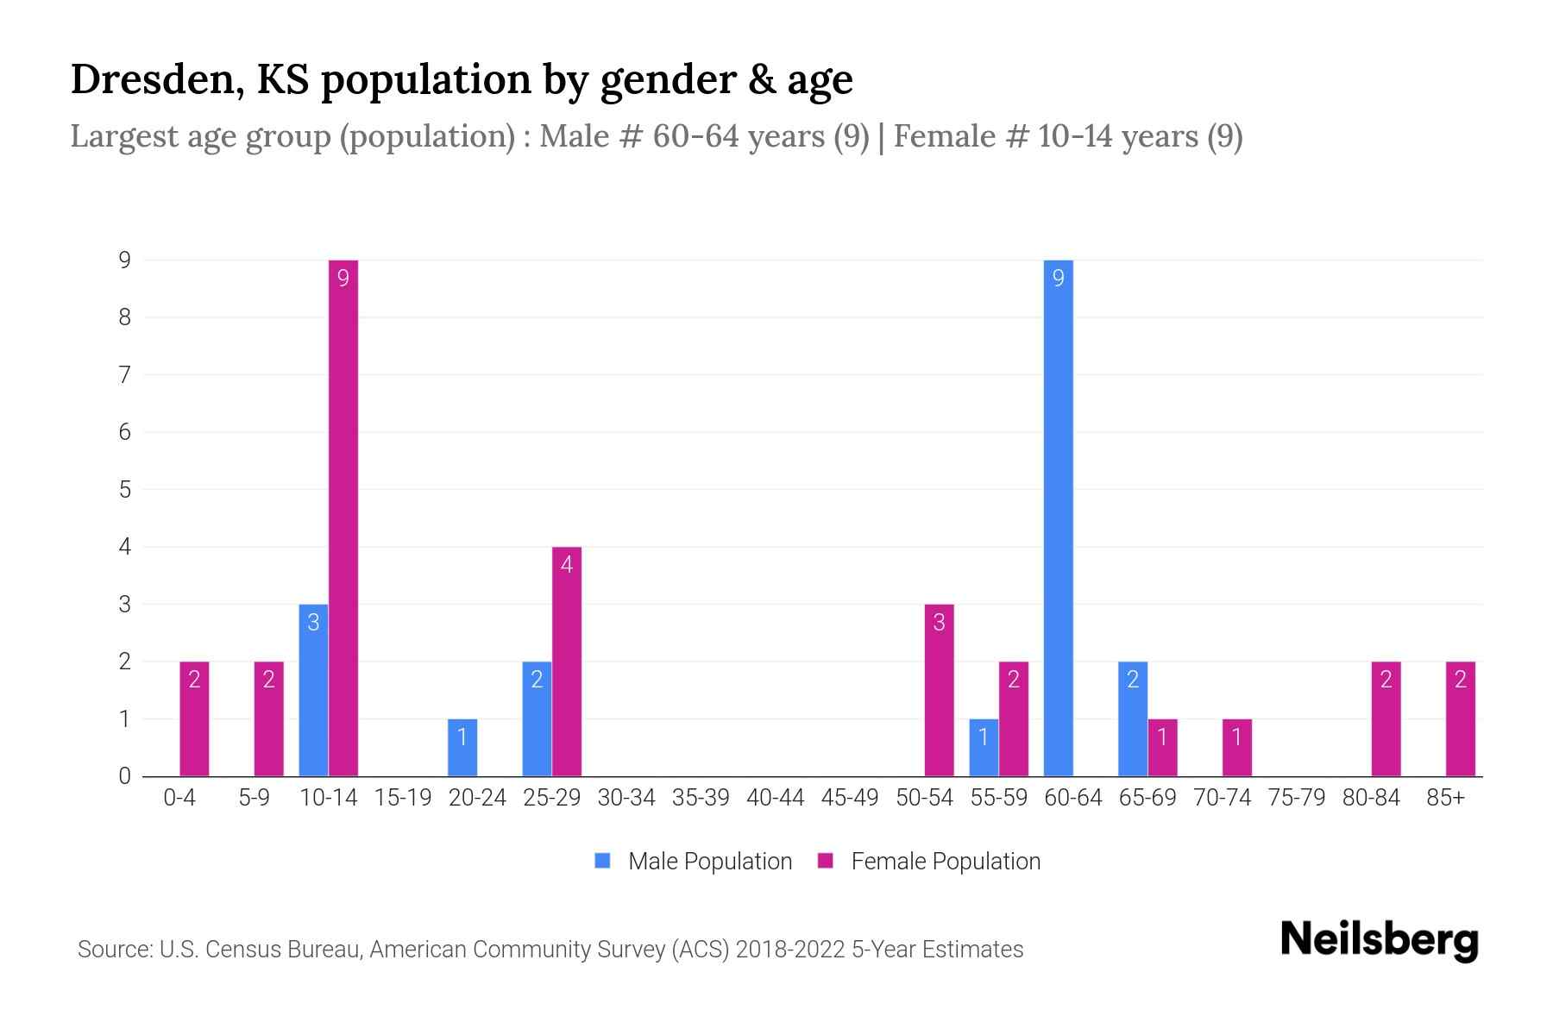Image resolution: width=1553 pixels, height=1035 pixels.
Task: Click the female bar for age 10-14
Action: [x=343, y=517]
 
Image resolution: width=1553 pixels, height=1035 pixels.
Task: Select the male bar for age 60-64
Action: [x=1058, y=517]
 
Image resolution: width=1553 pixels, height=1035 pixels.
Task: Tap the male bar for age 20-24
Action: [x=462, y=748]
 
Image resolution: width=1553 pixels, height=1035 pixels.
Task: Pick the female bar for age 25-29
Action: [x=567, y=662]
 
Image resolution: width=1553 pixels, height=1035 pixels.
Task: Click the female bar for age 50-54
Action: [x=939, y=690]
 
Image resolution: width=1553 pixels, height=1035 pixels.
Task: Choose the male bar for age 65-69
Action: [x=1133, y=718]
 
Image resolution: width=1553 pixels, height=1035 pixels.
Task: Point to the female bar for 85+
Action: [x=1461, y=718]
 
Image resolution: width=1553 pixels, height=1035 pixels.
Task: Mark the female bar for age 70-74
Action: [x=1237, y=748]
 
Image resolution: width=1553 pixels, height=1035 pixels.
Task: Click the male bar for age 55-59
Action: [x=984, y=748]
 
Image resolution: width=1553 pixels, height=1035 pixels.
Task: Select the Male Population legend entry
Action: [x=694, y=862]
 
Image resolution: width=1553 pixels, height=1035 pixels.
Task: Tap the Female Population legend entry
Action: [x=929, y=862]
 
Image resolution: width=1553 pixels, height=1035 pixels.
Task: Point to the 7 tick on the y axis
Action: [x=125, y=375]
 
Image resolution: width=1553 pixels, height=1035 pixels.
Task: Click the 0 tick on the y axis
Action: [x=125, y=776]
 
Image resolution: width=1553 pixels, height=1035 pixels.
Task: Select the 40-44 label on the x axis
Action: [x=775, y=798]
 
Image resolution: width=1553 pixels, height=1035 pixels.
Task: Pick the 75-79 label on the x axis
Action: [x=1296, y=798]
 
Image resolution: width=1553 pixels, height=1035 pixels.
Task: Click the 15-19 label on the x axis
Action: [x=403, y=798]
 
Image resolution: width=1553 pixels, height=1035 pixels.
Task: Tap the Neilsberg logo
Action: [x=1379, y=940]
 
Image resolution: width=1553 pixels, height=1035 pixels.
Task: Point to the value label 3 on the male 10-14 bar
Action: [x=313, y=623]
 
